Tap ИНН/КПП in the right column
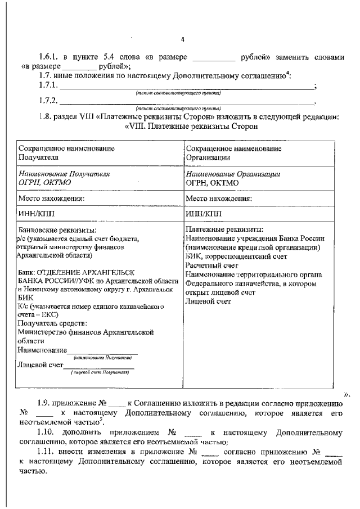coord(204,214)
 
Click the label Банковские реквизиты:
coord(57,231)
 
